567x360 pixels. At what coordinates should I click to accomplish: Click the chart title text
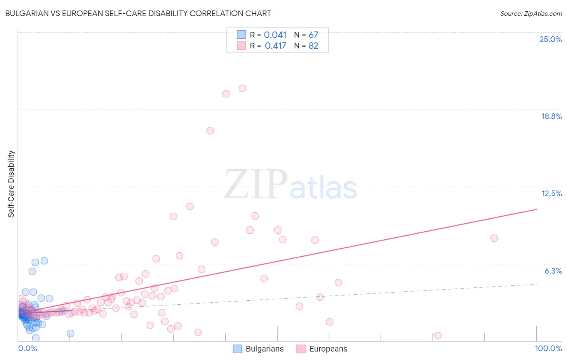pos(138,13)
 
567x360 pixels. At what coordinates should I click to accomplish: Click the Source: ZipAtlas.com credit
pos(531,13)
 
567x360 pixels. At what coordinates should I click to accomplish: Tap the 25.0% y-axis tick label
pos(550,39)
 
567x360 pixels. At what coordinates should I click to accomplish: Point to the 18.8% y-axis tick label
pos(551,116)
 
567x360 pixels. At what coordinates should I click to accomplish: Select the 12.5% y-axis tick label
pos(551,193)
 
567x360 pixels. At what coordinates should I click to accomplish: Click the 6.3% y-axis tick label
pos(553,271)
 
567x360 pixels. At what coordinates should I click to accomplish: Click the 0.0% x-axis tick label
pos(27,348)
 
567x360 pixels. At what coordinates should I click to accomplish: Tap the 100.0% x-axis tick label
pos(548,348)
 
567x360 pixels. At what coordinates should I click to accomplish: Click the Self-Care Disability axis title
pos(11,184)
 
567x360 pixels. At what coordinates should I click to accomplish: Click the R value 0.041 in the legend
pos(275,35)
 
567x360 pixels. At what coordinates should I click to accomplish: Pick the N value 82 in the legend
pos(313,46)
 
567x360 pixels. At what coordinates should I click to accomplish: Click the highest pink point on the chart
pos(242,88)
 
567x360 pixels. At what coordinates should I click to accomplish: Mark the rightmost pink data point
pos(494,238)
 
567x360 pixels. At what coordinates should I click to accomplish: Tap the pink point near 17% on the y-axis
pos(210,131)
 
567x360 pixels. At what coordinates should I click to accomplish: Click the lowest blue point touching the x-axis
pos(35,338)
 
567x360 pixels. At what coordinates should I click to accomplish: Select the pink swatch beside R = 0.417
pos(241,46)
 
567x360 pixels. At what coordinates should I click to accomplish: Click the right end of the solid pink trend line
pos(536,209)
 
